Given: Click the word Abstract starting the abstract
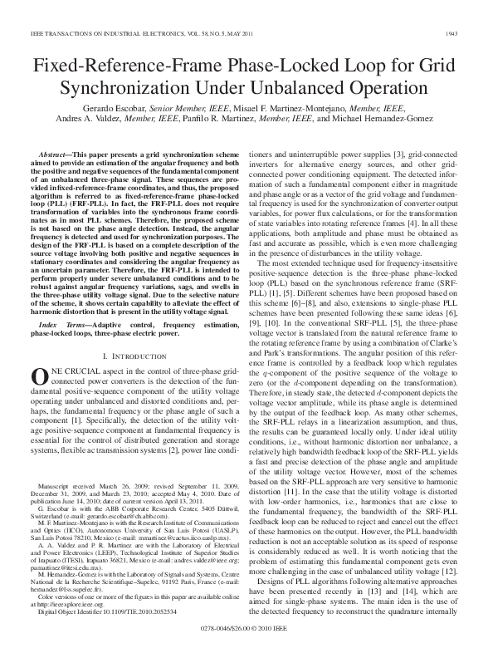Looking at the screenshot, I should (54, 155).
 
